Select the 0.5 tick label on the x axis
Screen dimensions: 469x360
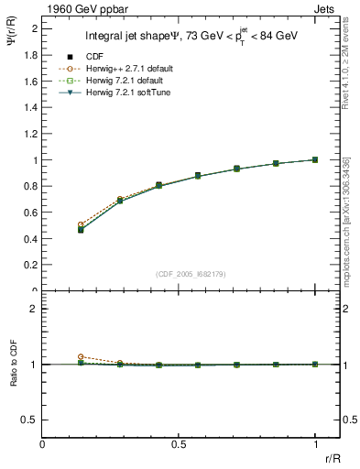[x=180, y=442]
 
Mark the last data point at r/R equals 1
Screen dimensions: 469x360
[x=315, y=159]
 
